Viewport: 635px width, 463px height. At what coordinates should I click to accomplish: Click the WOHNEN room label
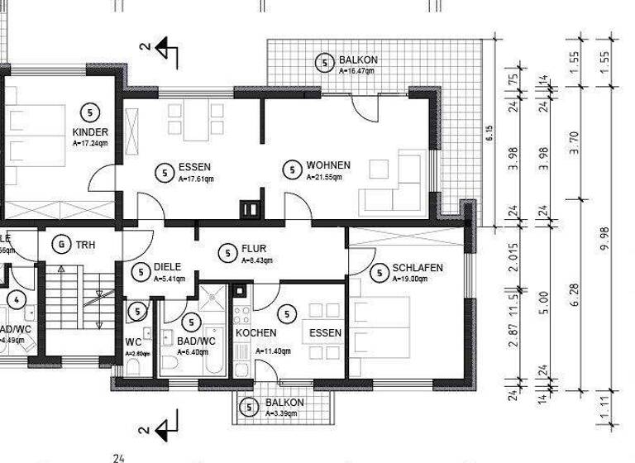click(x=328, y=165)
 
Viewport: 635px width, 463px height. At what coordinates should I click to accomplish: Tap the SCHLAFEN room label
click(x=418, y=268)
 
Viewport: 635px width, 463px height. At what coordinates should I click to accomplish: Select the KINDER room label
click(x=89, y=133)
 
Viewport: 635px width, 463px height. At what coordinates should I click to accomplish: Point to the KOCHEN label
click(x=255, y=332)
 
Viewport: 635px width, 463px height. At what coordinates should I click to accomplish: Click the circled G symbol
click(x=60, y=245)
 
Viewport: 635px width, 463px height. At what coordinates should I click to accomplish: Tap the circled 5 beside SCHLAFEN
click(x=380, y=272)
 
